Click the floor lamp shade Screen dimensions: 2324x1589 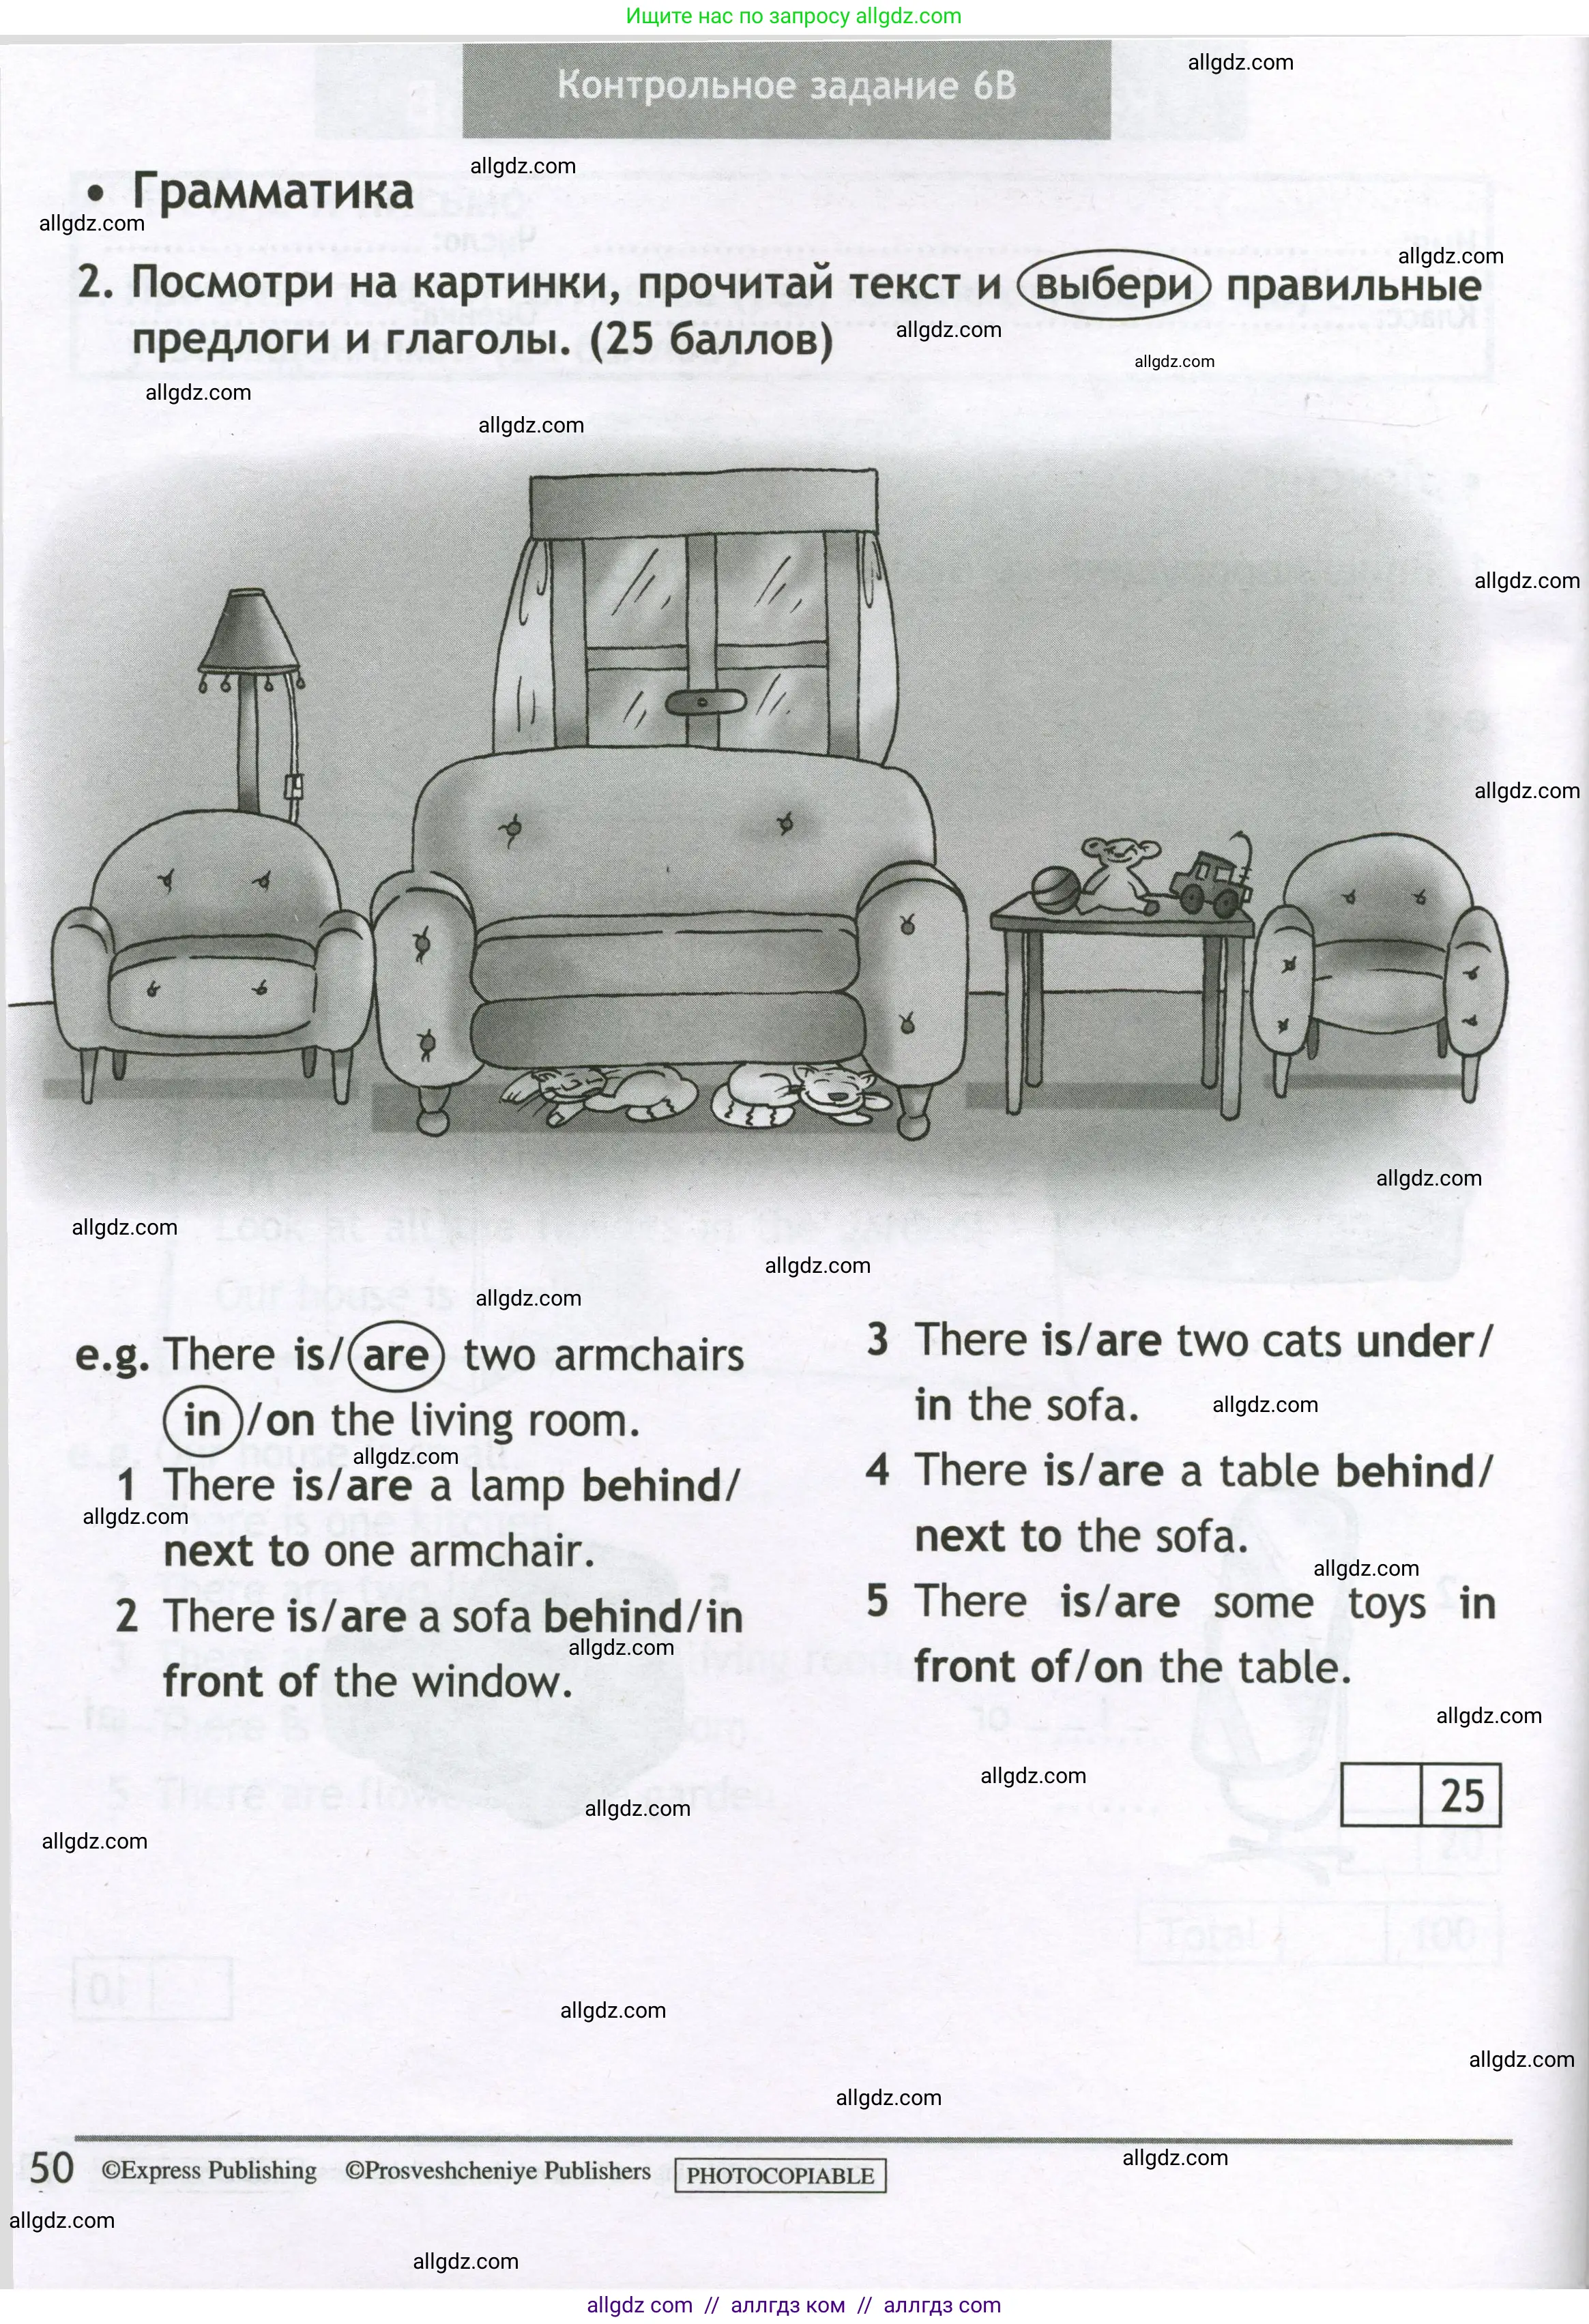pos(248,632)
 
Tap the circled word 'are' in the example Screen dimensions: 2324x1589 pos(395,1356)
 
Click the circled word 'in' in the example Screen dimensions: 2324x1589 pos(202,1421)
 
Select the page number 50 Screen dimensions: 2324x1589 pos(52,2168)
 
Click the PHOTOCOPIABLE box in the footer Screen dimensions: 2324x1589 pos(780,2176)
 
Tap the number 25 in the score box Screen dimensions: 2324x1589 pos(1461,1795)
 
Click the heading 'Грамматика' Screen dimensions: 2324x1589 pos(272,192)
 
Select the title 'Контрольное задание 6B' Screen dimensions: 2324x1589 pos(786,86)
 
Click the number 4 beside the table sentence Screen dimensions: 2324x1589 pos(877,1470)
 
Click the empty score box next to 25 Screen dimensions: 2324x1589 pos(1380,1795)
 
